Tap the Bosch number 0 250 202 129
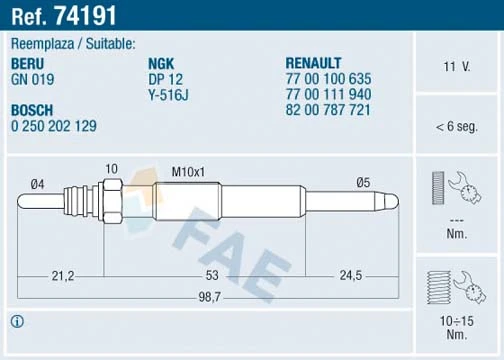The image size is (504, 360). click(55, 128)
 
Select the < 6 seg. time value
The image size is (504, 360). click(456, 127)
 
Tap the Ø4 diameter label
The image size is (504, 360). click(38, 181)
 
